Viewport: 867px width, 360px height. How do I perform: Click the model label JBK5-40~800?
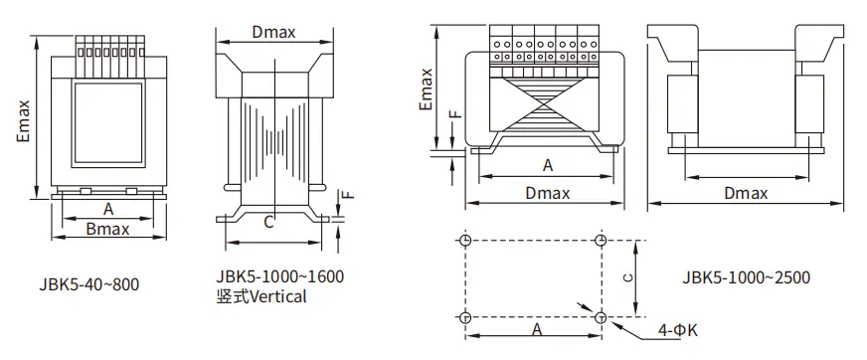click(89, 284)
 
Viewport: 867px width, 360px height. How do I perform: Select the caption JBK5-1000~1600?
click(279, 275)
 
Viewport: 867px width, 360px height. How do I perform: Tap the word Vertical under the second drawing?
click(277, 296)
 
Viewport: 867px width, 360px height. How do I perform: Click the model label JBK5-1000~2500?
click(746, 277)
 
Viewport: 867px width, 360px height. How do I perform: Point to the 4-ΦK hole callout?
click(678, 331)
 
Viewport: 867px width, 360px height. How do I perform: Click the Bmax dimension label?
click(107, 229)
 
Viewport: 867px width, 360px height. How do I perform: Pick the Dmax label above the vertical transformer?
click(273, 32)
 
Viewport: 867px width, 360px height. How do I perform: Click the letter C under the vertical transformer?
click(268, 223)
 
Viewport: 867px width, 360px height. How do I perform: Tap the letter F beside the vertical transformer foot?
click(348, 195)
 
